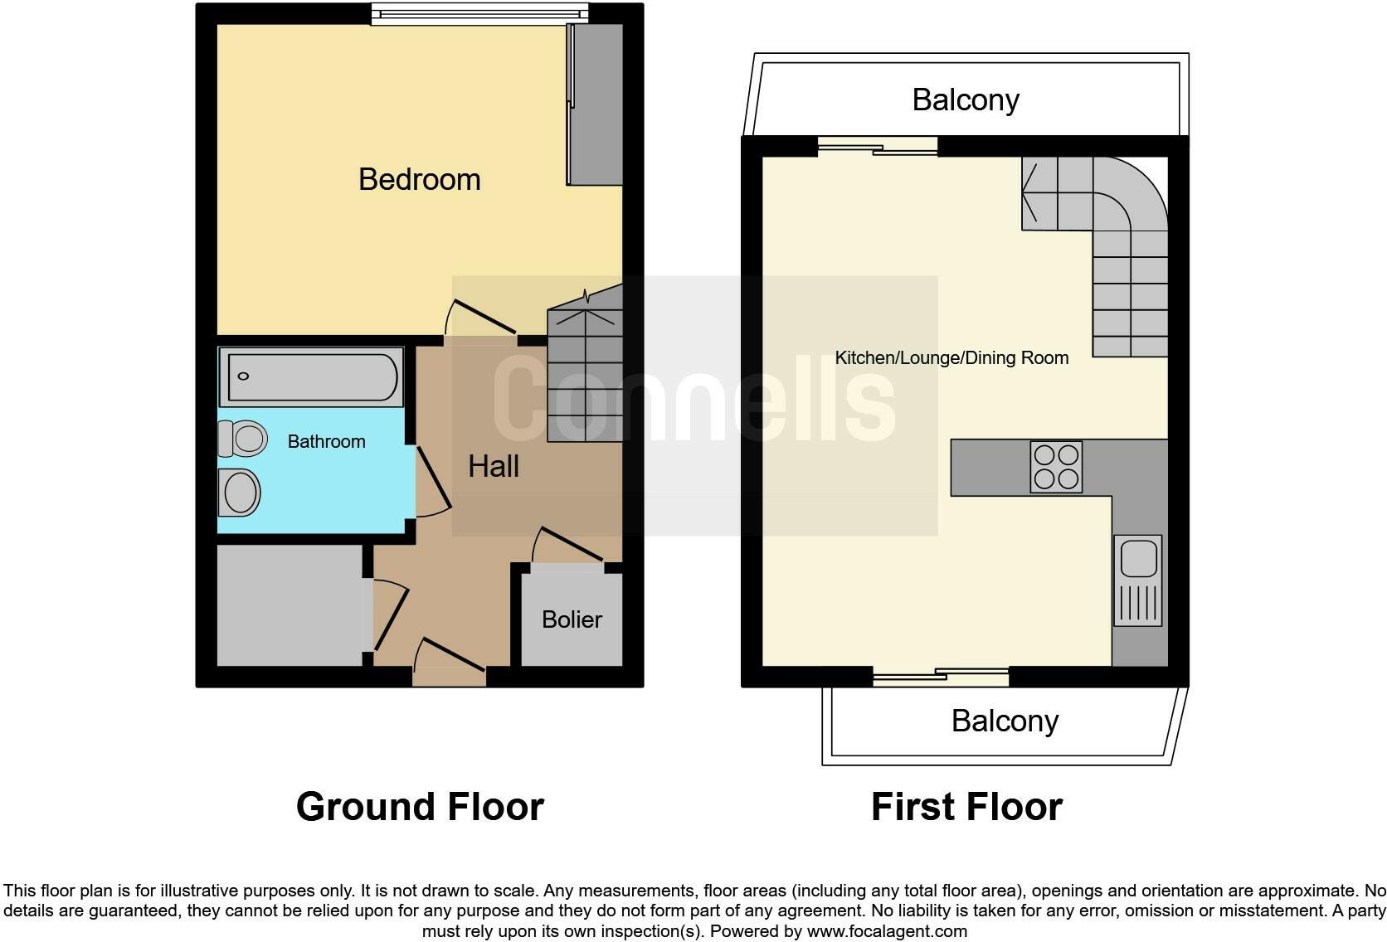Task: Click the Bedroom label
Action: click(419, 179)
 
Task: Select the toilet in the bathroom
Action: click(243, 438)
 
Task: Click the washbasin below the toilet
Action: click(240, 492)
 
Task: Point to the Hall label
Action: click(494, 466)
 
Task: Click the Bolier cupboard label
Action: click(572, 619)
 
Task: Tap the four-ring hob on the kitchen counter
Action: click(1056, 467)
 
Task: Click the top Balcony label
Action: click(966, 100)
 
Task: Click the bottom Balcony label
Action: click(1005, 721)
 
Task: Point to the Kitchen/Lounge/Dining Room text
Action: click(951, 358)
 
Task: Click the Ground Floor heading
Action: click(420, 807)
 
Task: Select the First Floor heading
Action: click(966, 807)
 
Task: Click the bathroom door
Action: click(433, 479)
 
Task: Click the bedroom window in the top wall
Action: click(479, 14)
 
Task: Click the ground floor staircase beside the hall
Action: click(585, 373)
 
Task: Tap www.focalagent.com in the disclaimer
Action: click(887, 931)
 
